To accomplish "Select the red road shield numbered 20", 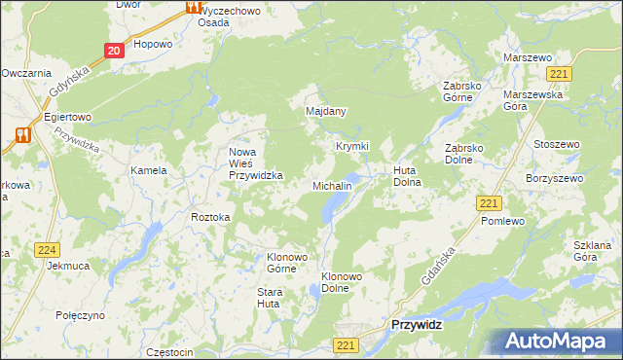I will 114,51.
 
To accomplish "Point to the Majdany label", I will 326,112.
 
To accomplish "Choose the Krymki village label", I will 352,146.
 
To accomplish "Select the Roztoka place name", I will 210,217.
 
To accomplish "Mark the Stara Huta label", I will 269,298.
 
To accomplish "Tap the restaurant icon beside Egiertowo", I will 22,135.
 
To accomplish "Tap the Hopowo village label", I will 153,44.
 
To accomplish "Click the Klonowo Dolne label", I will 342,282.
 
